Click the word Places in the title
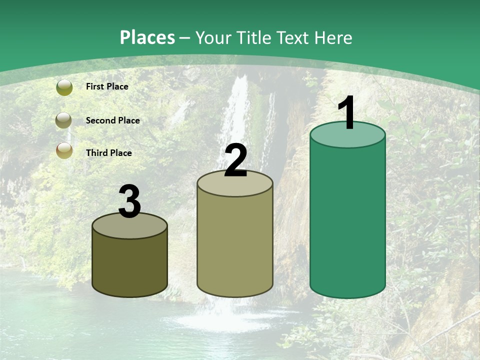pos(147,37)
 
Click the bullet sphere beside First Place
pos(64,87)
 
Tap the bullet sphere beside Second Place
pos(64,120)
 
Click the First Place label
pos(107,86)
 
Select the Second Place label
pos(112,120)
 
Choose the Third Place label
pos(109,153)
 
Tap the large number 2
pos(235,161)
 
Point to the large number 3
pos(129,201)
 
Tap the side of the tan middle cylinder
pos(235,245)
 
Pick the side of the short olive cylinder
pos(129,265)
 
